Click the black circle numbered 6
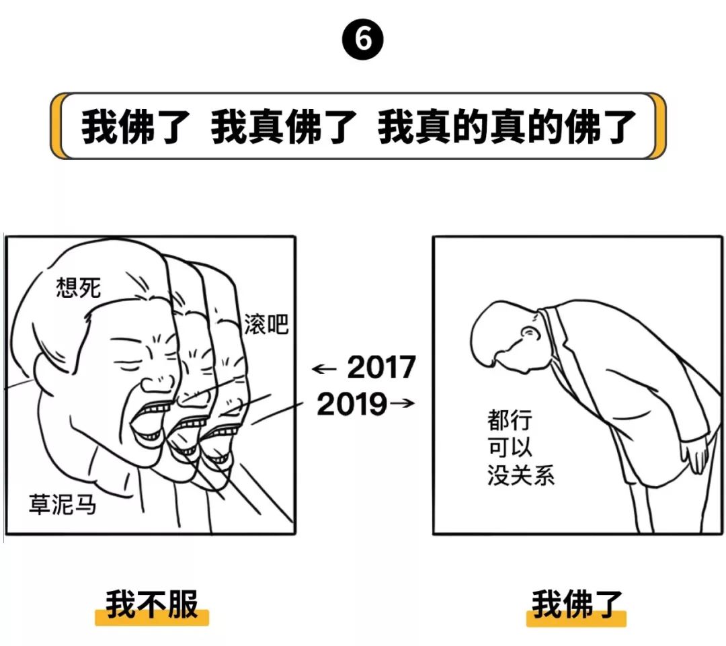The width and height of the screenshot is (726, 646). [363, 39]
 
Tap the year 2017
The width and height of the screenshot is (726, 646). [382, 367]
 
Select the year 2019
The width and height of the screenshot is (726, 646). [352, 404]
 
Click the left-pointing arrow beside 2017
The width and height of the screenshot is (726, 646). [324, 369]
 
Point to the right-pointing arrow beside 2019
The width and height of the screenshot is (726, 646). [403, 403]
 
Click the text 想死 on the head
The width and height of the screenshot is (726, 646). [78, 288]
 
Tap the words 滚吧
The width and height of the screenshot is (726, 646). [266, 324]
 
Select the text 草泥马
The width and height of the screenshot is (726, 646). [63, 504]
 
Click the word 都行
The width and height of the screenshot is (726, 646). [510, 420]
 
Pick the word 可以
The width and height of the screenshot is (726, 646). [510, 447]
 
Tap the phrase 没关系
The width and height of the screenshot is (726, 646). [521, 475]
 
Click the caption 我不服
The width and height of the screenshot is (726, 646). [152, 604]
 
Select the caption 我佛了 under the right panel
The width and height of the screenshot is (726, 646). [577, 604]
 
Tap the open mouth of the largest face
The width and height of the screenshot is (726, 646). [147, 423]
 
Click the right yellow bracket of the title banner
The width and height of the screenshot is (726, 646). [658, 126]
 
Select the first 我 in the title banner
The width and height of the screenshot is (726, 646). [99, 126]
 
